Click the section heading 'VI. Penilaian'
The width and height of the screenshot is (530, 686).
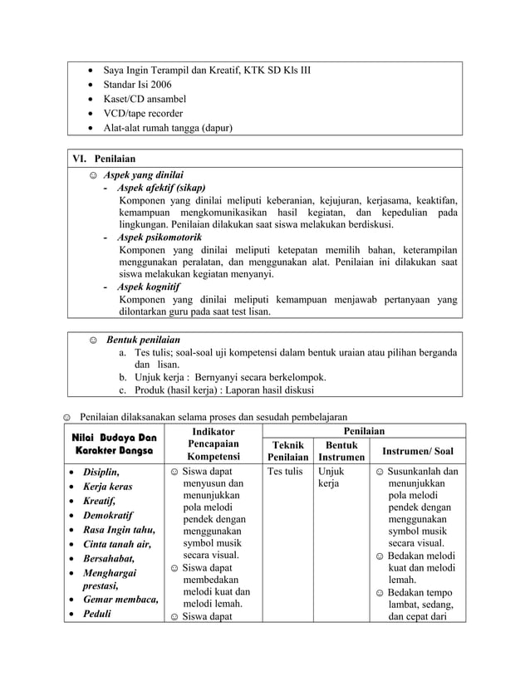pyautogui.click(x=107, y=158)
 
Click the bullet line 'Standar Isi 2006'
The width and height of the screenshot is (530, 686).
pyautogui.click(x=138, y=84)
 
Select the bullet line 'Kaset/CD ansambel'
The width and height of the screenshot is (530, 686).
pyautogui.click(x=145, y=99)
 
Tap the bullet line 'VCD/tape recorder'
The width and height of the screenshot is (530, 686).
pyautogui.click(x=143, y=113)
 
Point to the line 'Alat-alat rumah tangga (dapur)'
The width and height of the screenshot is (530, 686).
pyautogui.click(x=168, y=128)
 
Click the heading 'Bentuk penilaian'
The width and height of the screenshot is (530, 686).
pyautogui.click(x=142, y=340)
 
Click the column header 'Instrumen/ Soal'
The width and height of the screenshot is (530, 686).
pyautogui.click(x=417, y=451)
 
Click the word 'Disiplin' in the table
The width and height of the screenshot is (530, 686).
pyautogui.click(x=101, y=472)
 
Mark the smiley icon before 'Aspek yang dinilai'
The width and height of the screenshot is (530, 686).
pyautogui.click(x=93, y=175)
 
